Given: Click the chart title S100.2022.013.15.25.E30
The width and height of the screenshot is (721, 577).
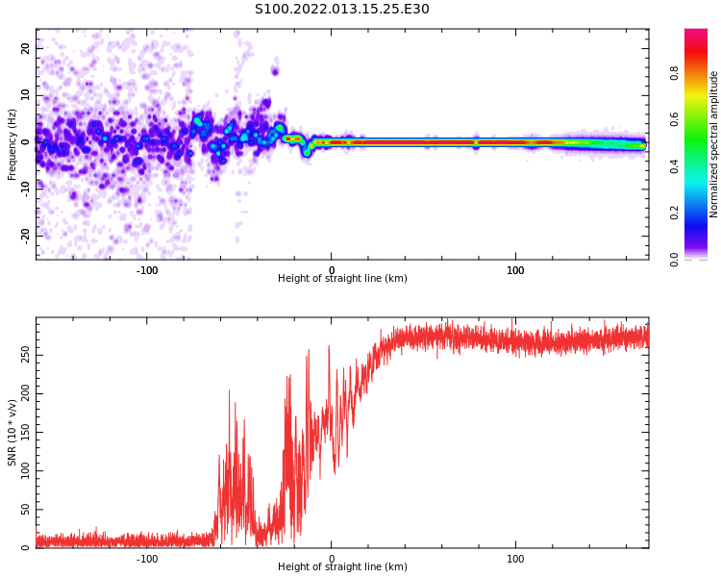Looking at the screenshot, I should click(342, 10).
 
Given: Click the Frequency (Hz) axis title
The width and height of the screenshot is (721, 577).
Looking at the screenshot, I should click(12, 144).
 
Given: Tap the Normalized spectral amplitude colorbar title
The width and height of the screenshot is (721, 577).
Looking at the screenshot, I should click(714, 144).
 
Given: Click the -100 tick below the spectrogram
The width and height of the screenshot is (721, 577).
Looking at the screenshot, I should click(147, 270).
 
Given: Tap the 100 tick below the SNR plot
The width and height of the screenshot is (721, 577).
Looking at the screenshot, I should click(515, 559).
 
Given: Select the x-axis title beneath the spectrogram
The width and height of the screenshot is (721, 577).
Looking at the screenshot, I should click(342, 279).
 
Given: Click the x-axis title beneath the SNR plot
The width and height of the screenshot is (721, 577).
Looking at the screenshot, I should click(342, 567).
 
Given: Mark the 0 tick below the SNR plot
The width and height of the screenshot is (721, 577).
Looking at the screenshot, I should click(332, 559).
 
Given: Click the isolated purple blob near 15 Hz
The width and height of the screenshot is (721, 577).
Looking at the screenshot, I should click(275, 70).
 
